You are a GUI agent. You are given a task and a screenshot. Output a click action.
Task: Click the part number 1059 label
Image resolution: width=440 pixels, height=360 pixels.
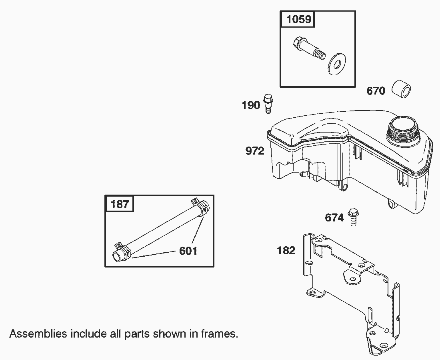click(299, 20)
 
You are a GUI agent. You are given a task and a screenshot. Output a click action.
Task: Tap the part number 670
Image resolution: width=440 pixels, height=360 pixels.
click(376, 91)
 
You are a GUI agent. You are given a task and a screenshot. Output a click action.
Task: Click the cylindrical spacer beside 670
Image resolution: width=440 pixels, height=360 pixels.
click(401, 89)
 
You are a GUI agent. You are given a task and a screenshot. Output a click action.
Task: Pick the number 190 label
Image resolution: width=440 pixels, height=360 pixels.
click(251, 106)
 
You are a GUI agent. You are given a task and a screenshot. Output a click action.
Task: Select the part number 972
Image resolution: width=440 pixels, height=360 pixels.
click(255, 151)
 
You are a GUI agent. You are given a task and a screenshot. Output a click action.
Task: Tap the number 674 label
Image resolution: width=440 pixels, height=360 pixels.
click(334, 218)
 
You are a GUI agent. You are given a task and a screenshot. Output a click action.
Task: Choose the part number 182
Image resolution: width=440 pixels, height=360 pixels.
click(286, 251)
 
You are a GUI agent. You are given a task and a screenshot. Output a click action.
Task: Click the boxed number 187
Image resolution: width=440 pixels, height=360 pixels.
click(120, 204)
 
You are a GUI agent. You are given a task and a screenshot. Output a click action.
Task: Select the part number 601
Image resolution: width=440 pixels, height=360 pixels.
click(188, 251)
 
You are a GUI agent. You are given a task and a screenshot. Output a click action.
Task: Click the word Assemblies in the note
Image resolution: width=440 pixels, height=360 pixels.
click(38, 334)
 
